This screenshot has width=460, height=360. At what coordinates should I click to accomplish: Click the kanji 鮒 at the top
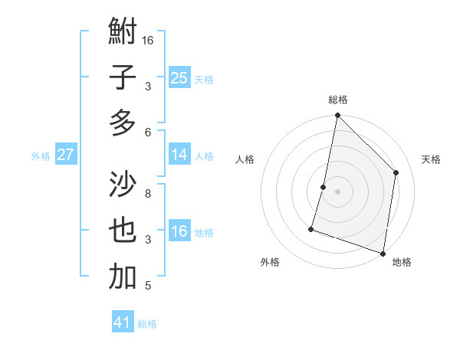[x=123, y=32]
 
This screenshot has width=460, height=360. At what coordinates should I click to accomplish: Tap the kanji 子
[x=123, y=77]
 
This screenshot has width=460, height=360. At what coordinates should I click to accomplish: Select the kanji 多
[x=123, y=122]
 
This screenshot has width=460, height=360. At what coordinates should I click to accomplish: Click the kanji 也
[x=123, y=231]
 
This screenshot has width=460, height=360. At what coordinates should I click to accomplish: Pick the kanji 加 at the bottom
[x=123, y=277]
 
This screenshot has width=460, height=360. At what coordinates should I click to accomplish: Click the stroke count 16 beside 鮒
[x=148, y=40]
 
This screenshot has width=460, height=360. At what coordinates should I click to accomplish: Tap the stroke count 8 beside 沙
[x=148, y=193]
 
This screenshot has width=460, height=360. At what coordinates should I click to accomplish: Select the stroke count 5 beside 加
[x=148, y=286]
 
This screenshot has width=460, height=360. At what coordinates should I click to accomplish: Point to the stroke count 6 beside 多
[x=148, y=132]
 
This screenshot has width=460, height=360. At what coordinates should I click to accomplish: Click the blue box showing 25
[x=179, y=78]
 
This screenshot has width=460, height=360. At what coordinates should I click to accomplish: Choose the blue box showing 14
[x=179, y=155]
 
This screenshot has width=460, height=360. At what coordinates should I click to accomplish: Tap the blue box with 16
[x=179, y=231]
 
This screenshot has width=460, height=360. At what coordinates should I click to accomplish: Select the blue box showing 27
[x=66, y=155]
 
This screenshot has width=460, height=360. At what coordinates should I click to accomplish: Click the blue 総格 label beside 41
[x=147, y=324]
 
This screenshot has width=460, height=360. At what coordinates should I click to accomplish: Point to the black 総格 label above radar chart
[x=338, y=100]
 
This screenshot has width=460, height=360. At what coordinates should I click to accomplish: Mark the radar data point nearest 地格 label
[x=383, y=253]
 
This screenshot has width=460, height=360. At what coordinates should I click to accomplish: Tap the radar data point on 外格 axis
[x=311, y=229]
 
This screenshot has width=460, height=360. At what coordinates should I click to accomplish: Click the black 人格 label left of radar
[x=245, y=159]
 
